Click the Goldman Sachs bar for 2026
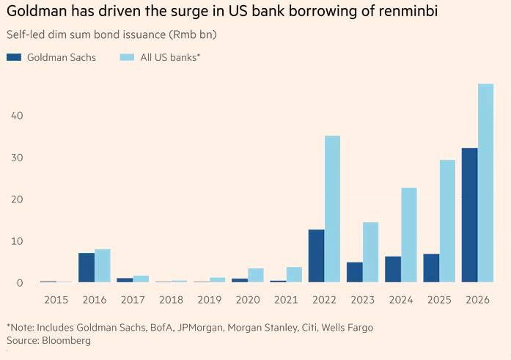469,215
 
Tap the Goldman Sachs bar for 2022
316,256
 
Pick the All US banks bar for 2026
485,183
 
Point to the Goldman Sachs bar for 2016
87,268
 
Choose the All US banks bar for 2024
409,235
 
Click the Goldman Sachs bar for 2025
431,268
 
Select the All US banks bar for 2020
256,275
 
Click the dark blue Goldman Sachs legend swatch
13,57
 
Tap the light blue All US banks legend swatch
126,57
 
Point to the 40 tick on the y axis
17,116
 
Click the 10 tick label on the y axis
17,241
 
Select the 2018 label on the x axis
171,299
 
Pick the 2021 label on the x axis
286,299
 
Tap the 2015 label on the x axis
56,299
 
